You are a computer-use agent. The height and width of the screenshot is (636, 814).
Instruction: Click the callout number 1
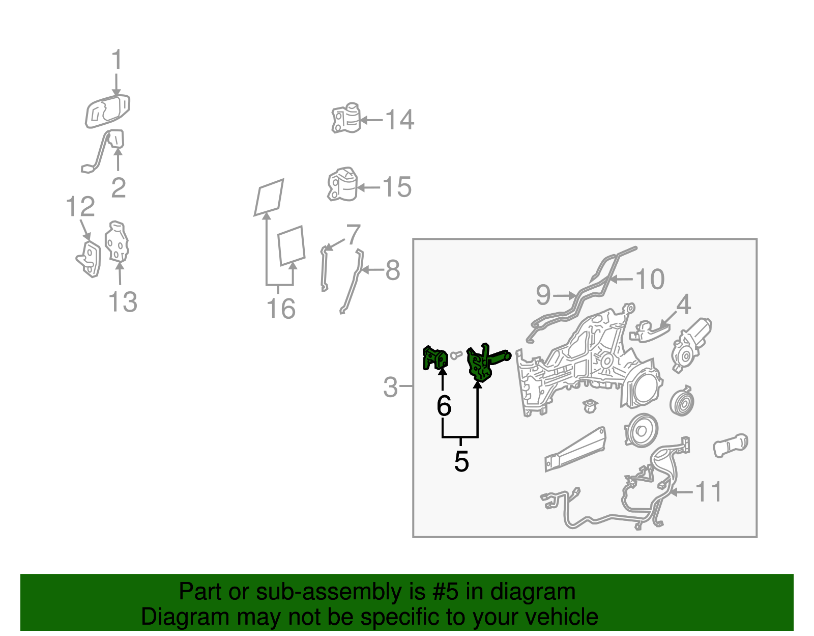(117, 59)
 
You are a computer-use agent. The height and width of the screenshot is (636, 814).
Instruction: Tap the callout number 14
(400, 120)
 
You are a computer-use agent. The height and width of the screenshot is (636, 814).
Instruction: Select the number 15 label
(397, 187)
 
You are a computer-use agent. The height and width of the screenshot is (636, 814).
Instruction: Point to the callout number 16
(281, 309)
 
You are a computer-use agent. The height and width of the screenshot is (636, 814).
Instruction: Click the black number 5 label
(461, 461)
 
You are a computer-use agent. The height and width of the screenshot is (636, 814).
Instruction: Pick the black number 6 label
(444, 405)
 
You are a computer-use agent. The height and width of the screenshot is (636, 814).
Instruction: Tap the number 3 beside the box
(390, 387)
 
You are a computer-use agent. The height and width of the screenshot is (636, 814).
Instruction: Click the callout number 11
(708, 492)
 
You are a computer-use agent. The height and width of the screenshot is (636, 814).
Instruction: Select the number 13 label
(123, 301)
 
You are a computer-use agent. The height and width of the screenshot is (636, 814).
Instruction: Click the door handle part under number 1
(107, 112)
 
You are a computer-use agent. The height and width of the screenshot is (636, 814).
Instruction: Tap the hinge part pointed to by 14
(346, 118)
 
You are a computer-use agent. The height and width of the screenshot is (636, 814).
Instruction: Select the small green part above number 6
(435, 358)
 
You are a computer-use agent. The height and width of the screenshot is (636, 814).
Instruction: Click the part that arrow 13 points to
(117, 241)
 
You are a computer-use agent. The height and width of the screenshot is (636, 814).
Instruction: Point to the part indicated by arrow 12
(89, 259)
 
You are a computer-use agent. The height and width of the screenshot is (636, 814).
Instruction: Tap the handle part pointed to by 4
(649, 331)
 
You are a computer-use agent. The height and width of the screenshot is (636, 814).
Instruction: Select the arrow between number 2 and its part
(118, 160)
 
